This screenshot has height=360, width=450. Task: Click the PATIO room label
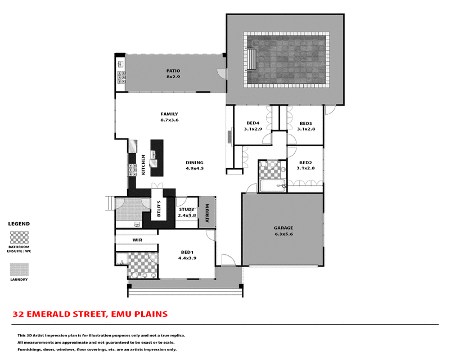(172, 71)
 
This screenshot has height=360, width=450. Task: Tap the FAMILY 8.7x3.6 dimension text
(169, 120)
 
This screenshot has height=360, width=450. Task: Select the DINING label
(194, 163)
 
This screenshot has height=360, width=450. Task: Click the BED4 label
(253, 124)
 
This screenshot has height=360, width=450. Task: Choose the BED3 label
(305, 124)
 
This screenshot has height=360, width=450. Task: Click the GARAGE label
(283, 228)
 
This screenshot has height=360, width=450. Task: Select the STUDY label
(187, 210)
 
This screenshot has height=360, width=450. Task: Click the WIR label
(136, 240)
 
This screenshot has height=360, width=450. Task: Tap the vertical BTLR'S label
(159, 209)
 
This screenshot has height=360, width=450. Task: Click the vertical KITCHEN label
(143, 164)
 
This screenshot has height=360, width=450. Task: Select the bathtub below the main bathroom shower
(273, 186)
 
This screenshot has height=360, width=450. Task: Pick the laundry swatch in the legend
(19, 270)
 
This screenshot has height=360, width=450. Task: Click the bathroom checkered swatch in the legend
(19, 236)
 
